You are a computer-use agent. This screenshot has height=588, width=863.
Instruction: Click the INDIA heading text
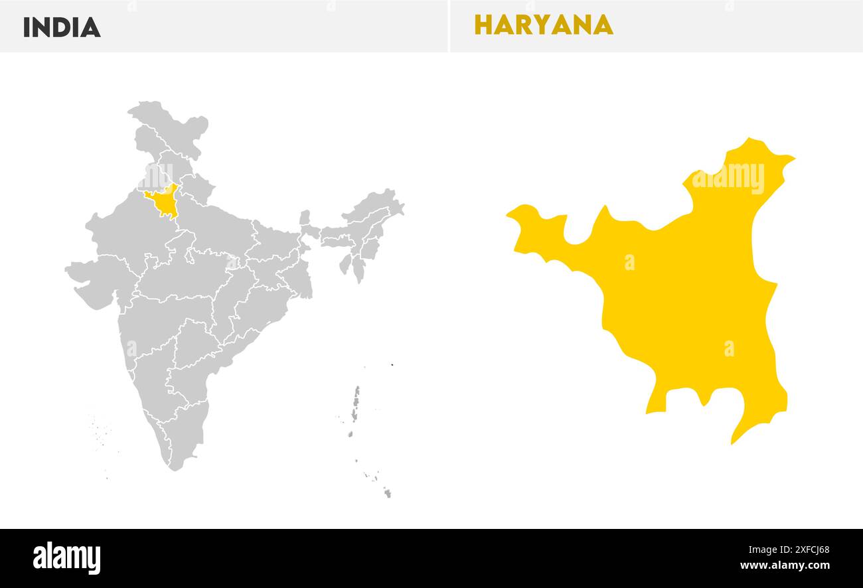click(62, 27)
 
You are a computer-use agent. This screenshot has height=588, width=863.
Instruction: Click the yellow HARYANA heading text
click(543, 25)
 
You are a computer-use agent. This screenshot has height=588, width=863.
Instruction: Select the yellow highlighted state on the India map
click(162, 201)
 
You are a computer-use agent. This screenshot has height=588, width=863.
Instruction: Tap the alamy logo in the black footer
click(66, 557)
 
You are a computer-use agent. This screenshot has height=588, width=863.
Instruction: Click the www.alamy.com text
click(785, 566)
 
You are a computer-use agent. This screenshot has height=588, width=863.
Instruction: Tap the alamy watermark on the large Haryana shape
click(728, 178)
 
